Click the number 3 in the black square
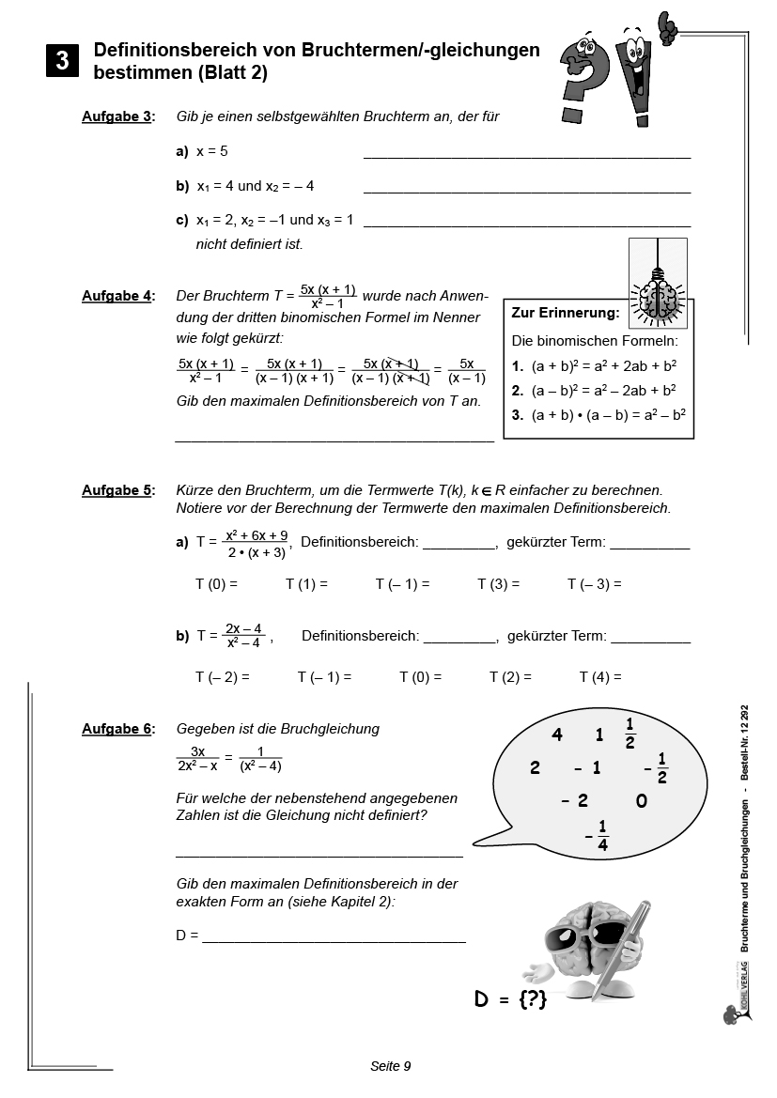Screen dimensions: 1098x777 [x=62, y=61]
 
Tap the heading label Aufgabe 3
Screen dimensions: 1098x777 [x=117, y=116]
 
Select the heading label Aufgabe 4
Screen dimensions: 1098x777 [x=117, y=296]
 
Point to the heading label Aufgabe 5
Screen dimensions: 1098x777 [x=117, y=490]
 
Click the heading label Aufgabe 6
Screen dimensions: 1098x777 [x=117, y=729]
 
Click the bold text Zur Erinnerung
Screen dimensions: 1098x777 [x=566, y=313]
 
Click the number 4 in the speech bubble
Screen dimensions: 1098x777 [x=557, y=735]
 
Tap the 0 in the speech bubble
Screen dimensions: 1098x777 [x=642, y=801]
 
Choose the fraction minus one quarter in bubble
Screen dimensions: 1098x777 [x=598, y=835]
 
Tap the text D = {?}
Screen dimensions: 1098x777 [x=510, y=1000]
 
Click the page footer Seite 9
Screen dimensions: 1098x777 [x=391, y=1066]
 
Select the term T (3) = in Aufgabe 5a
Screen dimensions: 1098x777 [x=498, y=584]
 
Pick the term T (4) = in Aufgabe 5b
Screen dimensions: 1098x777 [x=600, y=677]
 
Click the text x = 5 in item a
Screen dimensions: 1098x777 [x=212, y=151]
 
